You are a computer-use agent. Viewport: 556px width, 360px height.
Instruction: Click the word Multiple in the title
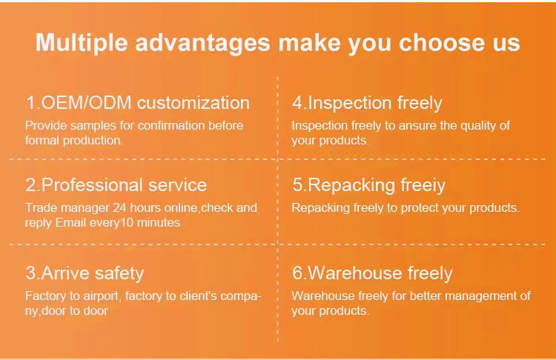pyautogui.click(x=82, y=43)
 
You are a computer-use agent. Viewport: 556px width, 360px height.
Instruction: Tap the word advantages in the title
pyautogui.click(x=203, y=43)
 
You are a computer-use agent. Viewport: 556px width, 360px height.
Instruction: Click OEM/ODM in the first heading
pyautogui.click(x=87, y=103)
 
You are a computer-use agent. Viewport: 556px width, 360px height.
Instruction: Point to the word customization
pyautogui.click(x=193, y=103)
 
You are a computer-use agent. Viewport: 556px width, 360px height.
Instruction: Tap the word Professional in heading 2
pyautogui.click(x=92, y=185)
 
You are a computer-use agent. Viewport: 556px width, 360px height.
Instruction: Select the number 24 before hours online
pyautogui.click(x=119, y=207)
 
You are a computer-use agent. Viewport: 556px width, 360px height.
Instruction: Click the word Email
pyautogui.click(x=70, y=222)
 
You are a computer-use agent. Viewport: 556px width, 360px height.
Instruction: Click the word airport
pyautogui.click(x=102, y=296)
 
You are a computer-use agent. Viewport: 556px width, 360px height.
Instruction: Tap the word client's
pyautogui.click(x=198, y=296)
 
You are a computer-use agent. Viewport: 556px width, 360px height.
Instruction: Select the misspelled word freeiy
pyautogui.click(x=423, y=185)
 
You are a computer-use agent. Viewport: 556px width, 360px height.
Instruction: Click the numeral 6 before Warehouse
pyautogui.click(x=297, y=273)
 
